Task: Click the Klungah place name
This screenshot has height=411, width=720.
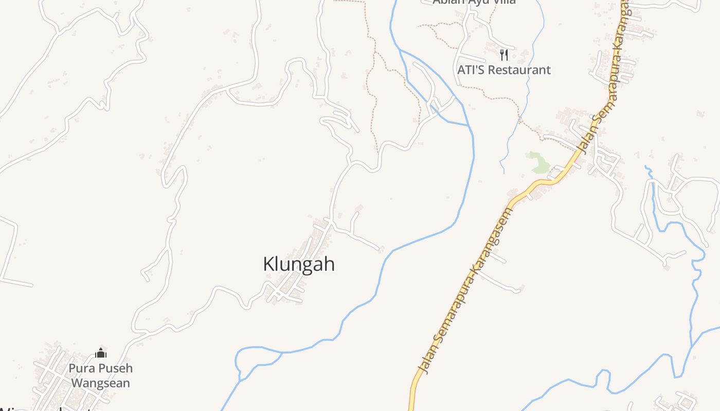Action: pos(299,264)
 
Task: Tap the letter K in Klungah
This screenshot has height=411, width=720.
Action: pos(268,264)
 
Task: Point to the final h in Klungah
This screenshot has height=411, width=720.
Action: pos(330,264)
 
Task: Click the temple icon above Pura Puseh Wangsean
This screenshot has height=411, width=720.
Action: pos(101,353)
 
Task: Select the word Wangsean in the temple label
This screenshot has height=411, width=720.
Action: pos(100,383)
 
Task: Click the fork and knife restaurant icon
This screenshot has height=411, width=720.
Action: pos(504,54)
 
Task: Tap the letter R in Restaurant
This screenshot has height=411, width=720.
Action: pos(497,70)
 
